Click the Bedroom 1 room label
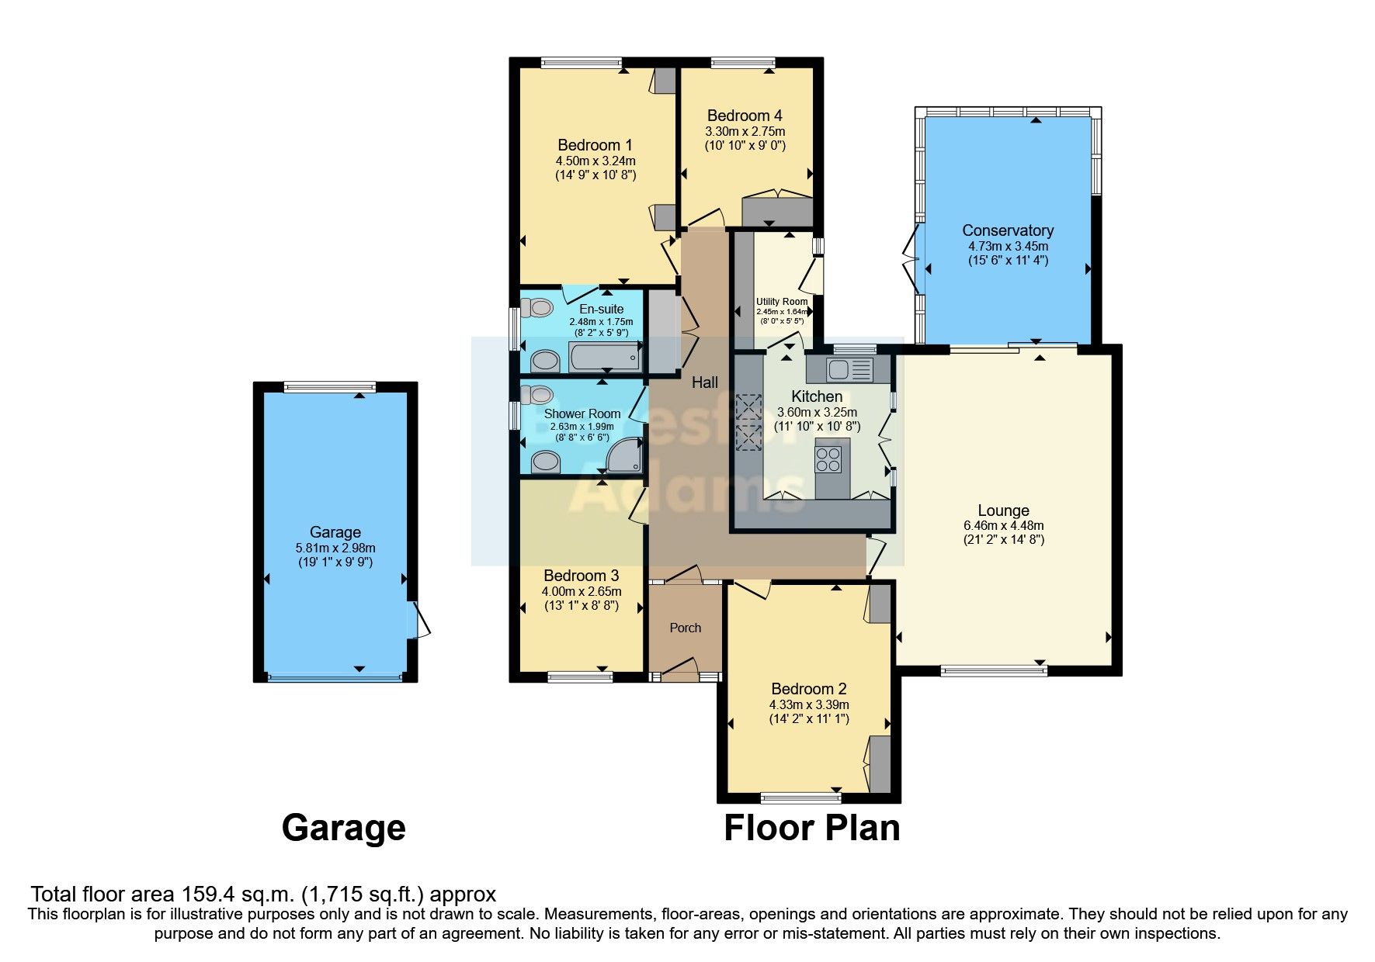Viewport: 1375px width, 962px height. [595, 145]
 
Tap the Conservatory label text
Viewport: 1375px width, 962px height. [1008, 230]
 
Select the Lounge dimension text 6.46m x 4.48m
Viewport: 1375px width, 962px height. [1004, 525]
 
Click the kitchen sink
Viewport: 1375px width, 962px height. [841, 369]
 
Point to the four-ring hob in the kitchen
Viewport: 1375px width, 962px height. [828, 459]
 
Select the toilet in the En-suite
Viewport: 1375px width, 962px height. [536, 309]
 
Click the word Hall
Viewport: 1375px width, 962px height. [705, 382]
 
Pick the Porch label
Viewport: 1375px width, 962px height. [686, 628]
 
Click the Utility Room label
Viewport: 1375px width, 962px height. [782, 302]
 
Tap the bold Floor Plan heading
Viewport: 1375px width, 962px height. [812, 828]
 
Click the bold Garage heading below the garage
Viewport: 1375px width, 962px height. [343, 828]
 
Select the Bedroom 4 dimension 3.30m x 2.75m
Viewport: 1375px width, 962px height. [745, 131]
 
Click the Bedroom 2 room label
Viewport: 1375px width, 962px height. [809, 689]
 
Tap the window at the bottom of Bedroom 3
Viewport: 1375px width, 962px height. [579, 677]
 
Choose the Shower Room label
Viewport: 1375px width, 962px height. [582, 414]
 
